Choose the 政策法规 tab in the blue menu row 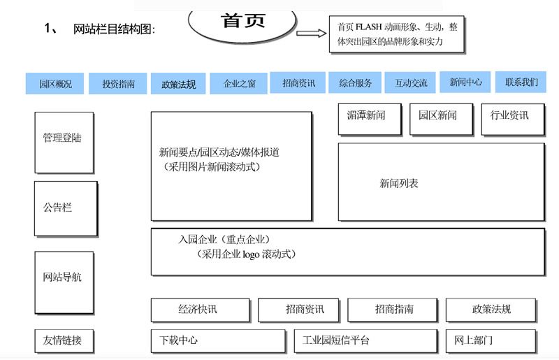tap(178, 85)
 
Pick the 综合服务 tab tap(355, 83)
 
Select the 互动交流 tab tap(410, 83)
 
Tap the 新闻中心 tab tap(465, 82)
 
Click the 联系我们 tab tap(521, 82)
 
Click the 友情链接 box tap(64, 341)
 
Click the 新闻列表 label tap(399, 184)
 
